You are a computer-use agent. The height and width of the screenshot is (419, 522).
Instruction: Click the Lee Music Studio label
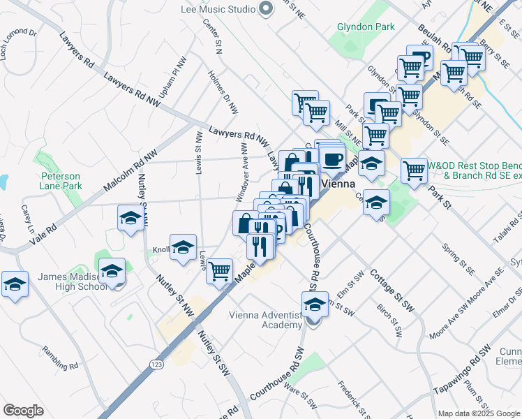click(x=217, y=9)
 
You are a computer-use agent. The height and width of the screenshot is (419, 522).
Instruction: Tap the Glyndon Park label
click(x=366, y=27)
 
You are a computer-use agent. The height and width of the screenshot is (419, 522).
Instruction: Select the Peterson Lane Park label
click(x=61, y=181)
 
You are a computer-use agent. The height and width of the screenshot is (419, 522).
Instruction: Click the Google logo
click(x=24, y=411)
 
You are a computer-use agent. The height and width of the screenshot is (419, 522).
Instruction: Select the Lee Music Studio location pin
click(x=265, y=9)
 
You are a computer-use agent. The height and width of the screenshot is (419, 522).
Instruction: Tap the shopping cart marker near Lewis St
click(x=220, y=270)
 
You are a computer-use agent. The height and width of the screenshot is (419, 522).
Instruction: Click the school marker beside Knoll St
click(x=183, y=248)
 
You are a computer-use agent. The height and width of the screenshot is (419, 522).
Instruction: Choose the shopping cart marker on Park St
click(x=415, y=170)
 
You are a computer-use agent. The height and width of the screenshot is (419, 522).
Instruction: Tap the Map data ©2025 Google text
click(x=478, y=413)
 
